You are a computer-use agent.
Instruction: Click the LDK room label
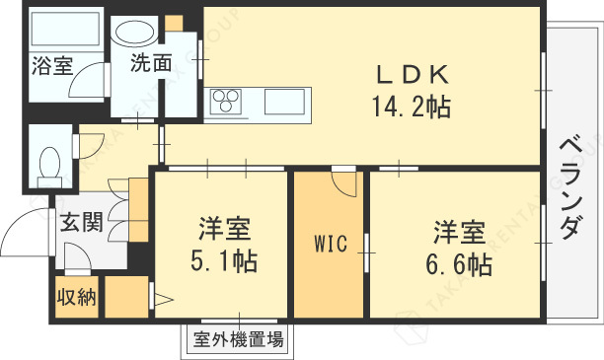412,74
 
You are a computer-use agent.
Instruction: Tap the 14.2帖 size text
411,106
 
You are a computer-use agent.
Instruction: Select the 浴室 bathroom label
51,67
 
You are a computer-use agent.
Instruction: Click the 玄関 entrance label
80,223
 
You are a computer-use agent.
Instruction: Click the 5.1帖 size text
224,261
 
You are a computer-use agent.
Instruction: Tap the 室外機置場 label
238,341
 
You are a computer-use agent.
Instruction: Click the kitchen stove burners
226,100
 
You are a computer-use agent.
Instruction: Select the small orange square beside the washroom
174,22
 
